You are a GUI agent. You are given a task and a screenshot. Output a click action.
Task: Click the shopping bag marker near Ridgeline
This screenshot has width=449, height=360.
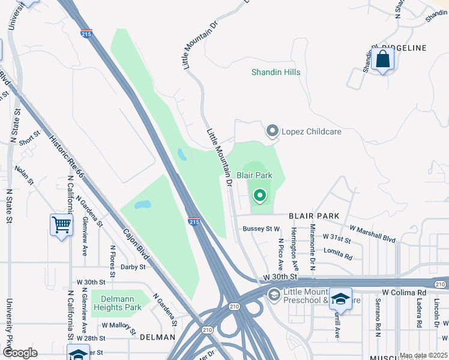point(382,60)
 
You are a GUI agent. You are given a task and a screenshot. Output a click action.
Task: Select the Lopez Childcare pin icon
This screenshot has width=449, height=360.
point(273,130)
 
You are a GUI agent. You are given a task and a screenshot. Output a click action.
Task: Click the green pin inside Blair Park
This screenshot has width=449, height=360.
point(260,195)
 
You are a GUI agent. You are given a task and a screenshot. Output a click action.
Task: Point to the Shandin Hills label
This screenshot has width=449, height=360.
point(276,73)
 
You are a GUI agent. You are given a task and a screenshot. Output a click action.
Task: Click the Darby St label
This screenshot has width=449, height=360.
point(133,267)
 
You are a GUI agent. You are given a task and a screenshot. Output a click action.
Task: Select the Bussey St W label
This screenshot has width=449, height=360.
point(261,229)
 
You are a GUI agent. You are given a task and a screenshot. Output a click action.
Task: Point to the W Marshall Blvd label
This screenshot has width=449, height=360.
point(372,234)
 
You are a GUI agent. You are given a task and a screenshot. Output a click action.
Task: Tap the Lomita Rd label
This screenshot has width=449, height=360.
point(338,253)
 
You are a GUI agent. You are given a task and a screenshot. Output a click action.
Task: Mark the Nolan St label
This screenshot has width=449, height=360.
point(24,176)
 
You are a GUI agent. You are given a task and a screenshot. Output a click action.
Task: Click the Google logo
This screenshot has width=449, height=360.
point(19,353)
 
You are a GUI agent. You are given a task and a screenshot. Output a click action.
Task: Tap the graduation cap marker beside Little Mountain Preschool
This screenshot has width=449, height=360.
point(340,299)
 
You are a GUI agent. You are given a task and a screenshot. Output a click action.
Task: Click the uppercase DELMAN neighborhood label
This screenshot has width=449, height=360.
point(157,338)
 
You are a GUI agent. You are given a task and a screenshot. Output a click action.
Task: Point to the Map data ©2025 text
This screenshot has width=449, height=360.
point(423,355)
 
